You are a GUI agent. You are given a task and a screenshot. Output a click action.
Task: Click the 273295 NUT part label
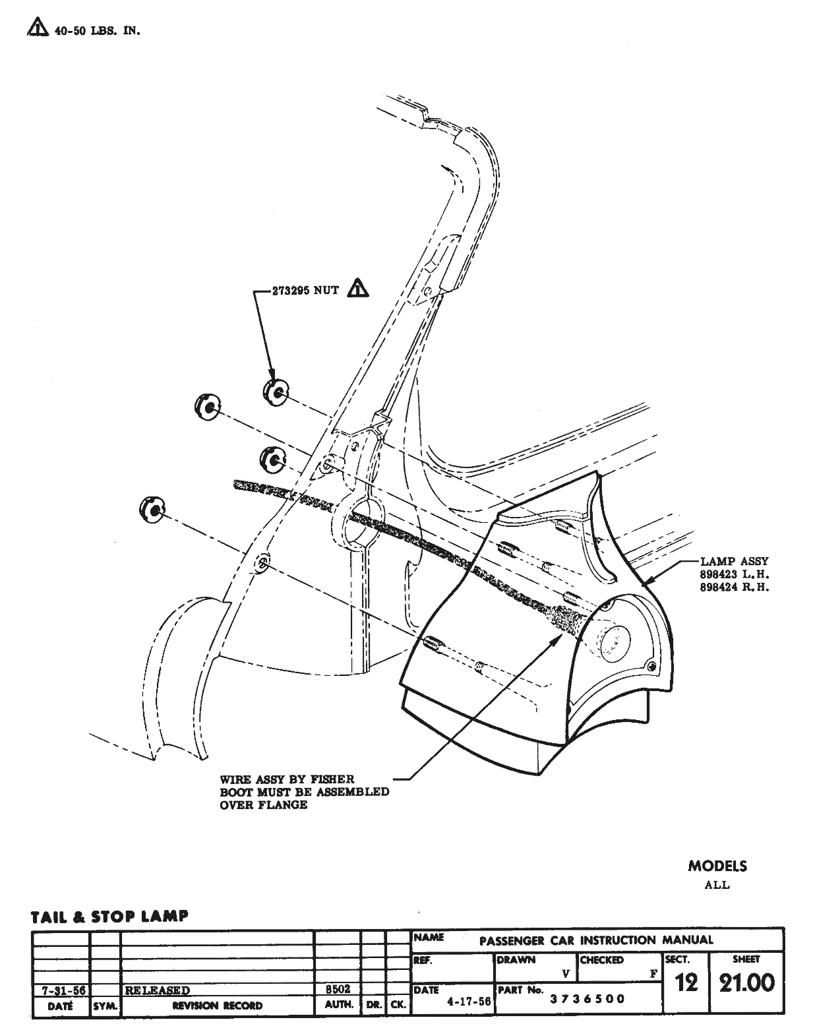tap(305, 289)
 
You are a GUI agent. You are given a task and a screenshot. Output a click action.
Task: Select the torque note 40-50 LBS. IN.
tap(96, 30)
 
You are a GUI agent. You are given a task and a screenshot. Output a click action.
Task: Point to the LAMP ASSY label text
tap(734, 561)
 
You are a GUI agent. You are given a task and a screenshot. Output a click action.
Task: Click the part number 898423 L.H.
tap(734, 574)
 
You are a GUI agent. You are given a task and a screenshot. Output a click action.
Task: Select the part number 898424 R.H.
tap(734, 587)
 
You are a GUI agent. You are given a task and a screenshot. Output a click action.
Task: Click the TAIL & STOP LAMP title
tap(109, 916)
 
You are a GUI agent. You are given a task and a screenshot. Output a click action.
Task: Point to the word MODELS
tap(717, 866)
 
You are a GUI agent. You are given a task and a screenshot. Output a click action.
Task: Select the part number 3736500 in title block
tap(587, 998)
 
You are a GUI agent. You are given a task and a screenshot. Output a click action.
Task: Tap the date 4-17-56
tap(468, 1001)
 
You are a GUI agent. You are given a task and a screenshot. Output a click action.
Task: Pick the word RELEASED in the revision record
tap(157, 990)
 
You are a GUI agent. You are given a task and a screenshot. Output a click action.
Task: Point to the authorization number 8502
tap(338, 989)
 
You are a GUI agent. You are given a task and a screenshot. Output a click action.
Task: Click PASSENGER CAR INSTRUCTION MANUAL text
tap(596, 940)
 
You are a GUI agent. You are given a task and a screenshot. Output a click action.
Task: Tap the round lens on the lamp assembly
tap(613, 639)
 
